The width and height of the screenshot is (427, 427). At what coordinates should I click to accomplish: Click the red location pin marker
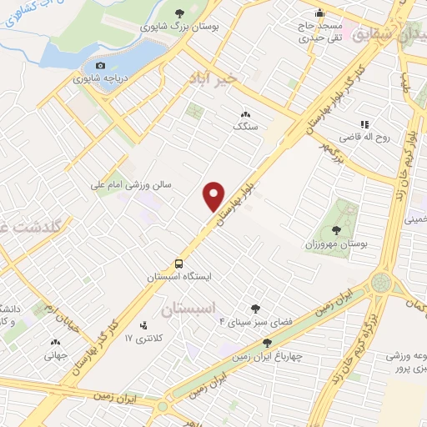coord(214,195)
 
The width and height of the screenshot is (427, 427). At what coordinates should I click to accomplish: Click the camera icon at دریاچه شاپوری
coord(101,66)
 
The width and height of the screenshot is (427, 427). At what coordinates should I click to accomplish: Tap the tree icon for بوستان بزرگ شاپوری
coord(180,13)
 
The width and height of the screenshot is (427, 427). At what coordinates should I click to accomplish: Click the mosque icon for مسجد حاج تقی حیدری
coord(319,13)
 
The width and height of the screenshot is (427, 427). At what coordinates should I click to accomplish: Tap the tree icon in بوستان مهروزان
coord(336,228)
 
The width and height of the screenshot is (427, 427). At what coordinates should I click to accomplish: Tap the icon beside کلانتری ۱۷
coord(144,325)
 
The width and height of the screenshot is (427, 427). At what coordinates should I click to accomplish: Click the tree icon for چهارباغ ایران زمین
coord(267,342)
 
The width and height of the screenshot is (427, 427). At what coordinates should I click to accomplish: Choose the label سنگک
coord(244,127)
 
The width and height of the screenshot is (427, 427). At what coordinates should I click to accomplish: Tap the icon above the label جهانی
coord(56,342)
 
